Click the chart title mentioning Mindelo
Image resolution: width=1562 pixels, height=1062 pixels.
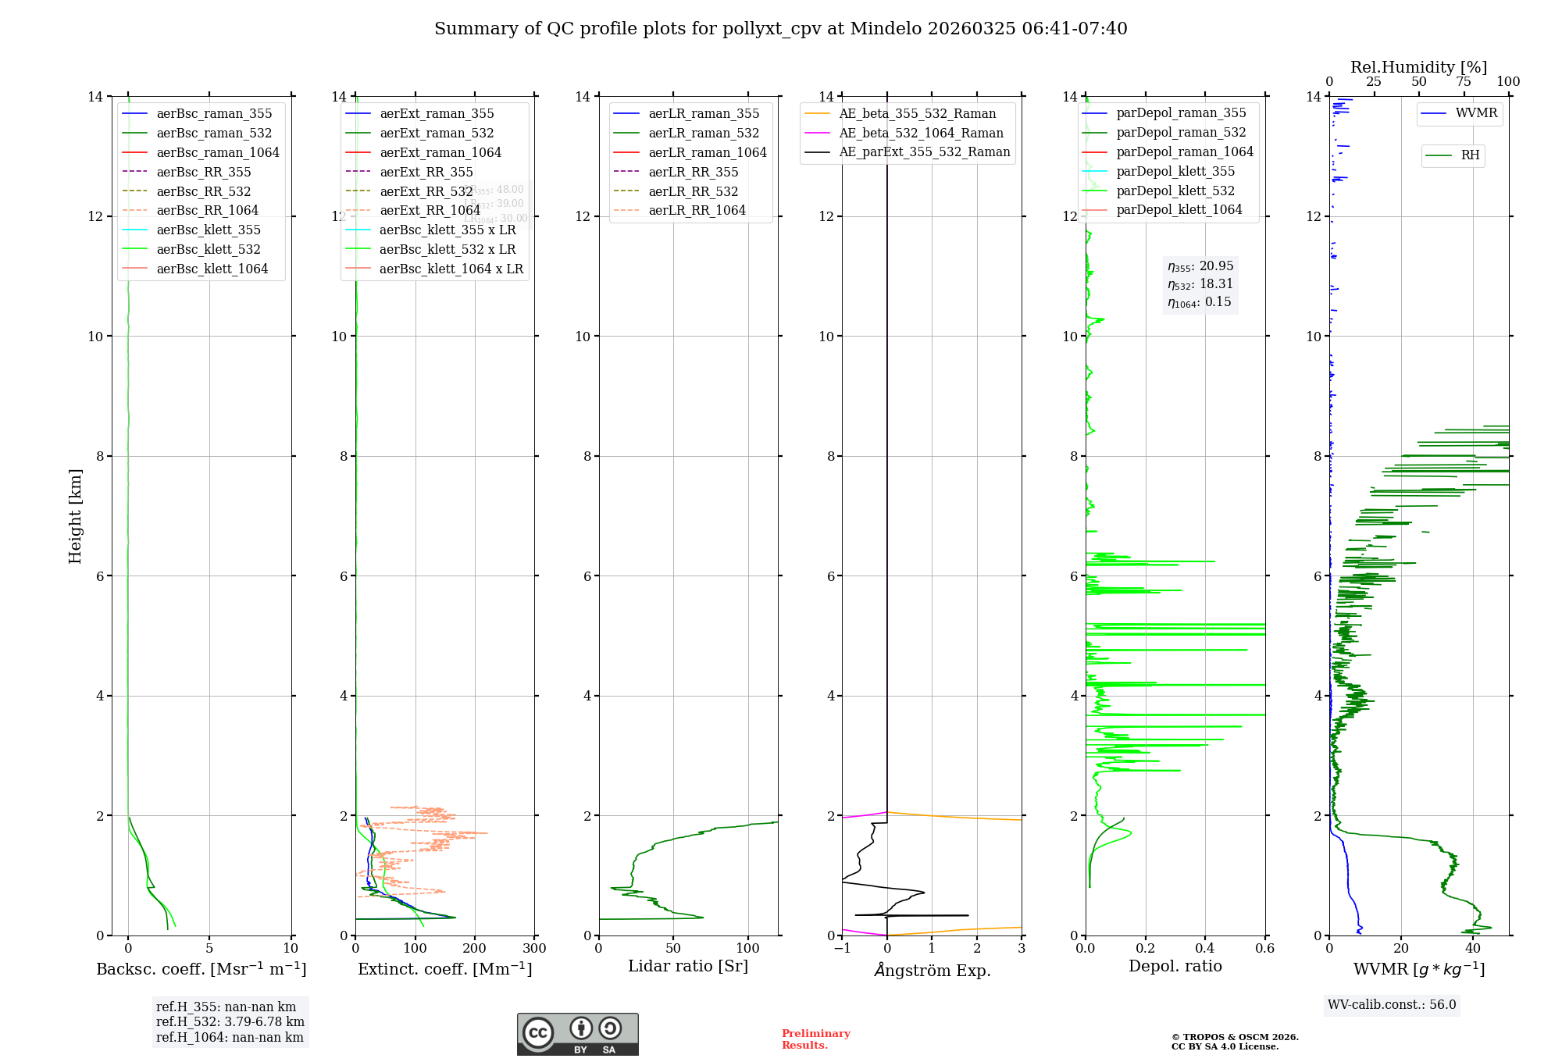click(780, 29)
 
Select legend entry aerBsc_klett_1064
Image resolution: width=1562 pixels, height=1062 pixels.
click(212, 269)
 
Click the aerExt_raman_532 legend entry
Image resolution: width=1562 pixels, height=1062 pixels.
click(437, 133)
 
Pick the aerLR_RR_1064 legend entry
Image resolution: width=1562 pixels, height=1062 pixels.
click(697, 210)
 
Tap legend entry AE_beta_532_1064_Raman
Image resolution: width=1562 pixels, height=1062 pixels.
click(921, 133)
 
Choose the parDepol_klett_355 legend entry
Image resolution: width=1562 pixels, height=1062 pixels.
click(1175, 171)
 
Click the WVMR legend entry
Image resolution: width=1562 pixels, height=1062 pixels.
click(1476, 113)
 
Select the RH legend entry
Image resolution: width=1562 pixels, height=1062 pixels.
click(1470, 155)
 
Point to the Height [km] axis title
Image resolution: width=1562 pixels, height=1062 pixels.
click(75, 515)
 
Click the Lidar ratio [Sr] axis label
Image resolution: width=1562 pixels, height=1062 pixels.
click(688, 966)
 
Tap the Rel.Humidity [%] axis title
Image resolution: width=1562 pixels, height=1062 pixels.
click(1418, 67)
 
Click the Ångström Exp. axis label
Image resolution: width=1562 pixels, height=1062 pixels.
click(932, 970)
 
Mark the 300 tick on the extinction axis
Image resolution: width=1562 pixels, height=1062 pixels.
click(535, 949)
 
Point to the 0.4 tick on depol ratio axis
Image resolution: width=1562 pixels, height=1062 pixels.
click(1205, 949)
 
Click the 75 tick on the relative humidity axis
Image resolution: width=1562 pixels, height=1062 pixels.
click(1464, 82)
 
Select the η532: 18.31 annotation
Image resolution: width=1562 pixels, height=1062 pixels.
click(1200, 284)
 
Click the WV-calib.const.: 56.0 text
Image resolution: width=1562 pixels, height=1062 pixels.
click(1392, 1005)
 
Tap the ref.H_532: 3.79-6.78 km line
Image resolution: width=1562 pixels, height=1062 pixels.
click(230, 1022)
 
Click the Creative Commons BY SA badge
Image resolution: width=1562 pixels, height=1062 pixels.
click(577, 1034)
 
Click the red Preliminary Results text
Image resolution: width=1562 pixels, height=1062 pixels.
click(815, 1039)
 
